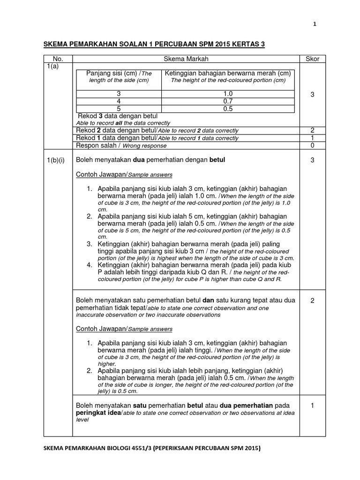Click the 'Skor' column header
[312, 59]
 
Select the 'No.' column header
[58, 59]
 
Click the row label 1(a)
[52, 67]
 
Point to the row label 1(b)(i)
[57, 160]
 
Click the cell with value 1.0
[228, 94]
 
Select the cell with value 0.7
[228, 101]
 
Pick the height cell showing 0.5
[228, 109]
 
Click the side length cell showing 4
[119, 101]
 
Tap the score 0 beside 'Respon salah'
[312, 146]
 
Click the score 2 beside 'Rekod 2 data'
[312, 131]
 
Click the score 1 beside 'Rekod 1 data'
[312, 138]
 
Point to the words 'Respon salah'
[94, 146]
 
